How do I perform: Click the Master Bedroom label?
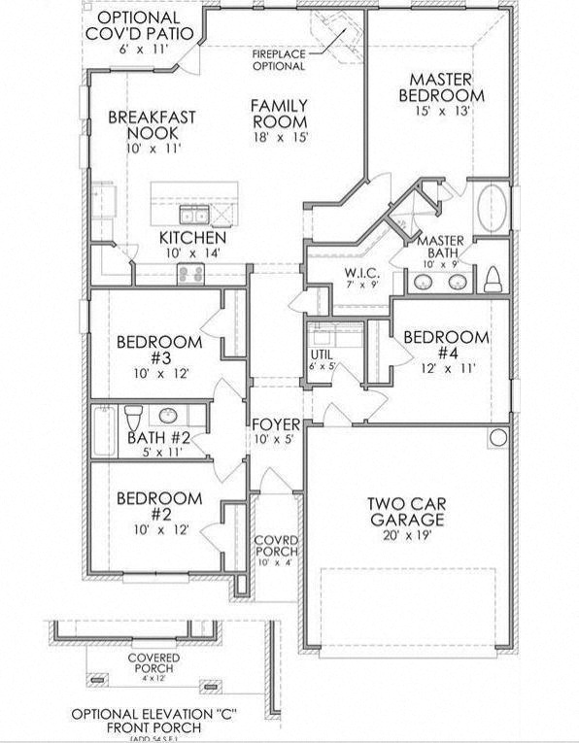pyautogui.click(x=442, y=87)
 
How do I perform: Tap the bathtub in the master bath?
pyautogui.click(x=492, y=208)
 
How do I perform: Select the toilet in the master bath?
pyautogui.click(x=493, y=280)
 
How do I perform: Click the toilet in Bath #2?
pyautogui.click(x=134, y=417)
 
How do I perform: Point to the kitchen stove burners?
pyautogui.click(x=191, y=274)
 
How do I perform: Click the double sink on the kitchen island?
pyautogui.click(x=194, y=215)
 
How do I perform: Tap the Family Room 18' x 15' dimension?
pyautogui.click(x=280, y=138)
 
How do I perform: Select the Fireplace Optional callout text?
pyautogui.click(x=279, y=60)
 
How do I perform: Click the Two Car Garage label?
pyautogui.click(x=407, y=511)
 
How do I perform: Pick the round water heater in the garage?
pyautogui.click(x=498, y=438)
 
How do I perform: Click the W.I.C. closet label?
pyautogui.click(x=361, y=273)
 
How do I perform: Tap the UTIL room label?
pyautogui.click(x=322, y=355)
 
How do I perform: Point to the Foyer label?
pyautogui.click(x=276, y=424)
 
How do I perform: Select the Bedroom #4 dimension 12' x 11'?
pyautogui.click(x=448, y=368)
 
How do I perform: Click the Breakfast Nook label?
pyautogui.click(x=152, y=124)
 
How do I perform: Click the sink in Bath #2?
pyautogui.click(x=168, y=416)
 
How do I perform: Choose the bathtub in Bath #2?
pyautogui.click(x=104, y=430)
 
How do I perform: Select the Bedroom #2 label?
pyautogui.click(x=159, y=506)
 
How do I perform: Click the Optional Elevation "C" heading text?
pyautogui.click(x=154, y=714)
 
